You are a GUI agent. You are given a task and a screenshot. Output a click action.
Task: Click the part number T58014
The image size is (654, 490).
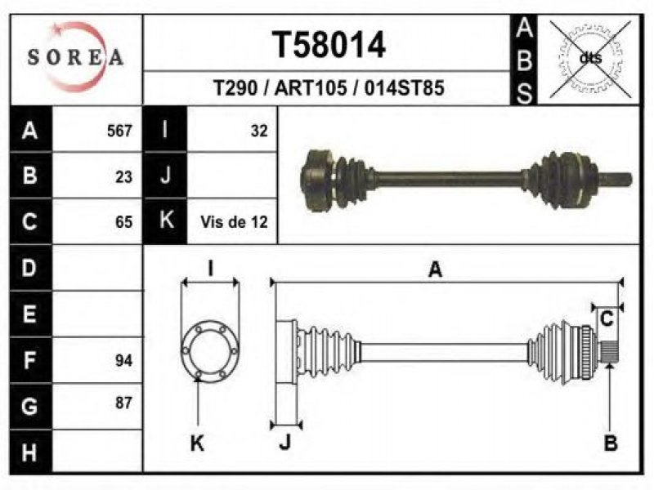click(329, 45)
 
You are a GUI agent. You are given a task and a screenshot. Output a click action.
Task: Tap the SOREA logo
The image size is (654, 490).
click(75, 57)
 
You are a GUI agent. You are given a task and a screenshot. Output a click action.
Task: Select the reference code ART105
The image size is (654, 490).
click(311, 88)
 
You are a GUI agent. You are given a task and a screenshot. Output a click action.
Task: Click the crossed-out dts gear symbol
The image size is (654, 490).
click(590, 58)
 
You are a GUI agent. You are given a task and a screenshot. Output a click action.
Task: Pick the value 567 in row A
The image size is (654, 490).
click(119, 131)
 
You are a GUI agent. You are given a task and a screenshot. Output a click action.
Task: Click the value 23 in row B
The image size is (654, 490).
click(124, 177)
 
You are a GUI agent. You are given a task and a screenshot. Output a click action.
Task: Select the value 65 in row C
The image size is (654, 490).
click(124, 222)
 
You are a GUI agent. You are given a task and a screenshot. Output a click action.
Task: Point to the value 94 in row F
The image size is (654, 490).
click(124, 360)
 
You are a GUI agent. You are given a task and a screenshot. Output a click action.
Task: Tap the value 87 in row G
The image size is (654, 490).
click(124, 403)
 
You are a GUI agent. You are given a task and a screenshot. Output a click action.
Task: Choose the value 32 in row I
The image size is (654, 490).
click(259, 131)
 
